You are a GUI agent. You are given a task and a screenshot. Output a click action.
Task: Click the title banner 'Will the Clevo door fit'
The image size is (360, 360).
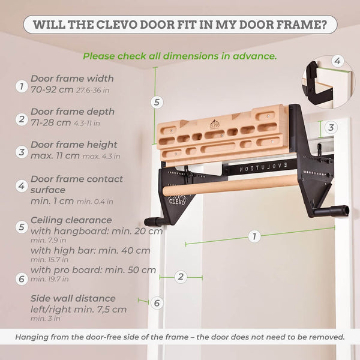click(x=180, y=25)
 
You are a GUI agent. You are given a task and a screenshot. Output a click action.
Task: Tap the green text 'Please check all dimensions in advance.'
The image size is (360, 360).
click(x=180, y=56)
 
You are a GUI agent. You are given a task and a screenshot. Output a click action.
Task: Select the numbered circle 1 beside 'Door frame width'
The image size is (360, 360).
click(x=22, y=86)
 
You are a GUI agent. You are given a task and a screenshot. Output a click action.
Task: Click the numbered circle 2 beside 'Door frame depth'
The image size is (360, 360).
click(x=22, y=119)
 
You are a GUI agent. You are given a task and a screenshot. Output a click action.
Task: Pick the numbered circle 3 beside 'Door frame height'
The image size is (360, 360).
click(x=22, y=152)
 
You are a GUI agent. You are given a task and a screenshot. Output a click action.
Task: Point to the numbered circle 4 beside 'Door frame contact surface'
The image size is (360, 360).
click(x=22, y=186)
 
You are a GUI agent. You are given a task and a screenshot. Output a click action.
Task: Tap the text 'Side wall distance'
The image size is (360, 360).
click(x=73, y=298)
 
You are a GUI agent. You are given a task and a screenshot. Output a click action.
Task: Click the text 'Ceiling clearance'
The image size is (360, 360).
click(x=71, y=220)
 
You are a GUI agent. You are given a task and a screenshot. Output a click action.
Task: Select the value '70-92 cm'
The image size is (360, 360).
click(x=52, y=89)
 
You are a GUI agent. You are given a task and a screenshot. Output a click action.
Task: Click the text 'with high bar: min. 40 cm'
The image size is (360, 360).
click(x=91, y=250)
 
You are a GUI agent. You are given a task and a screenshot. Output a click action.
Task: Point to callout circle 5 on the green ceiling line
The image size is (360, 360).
click(x=157, y=102)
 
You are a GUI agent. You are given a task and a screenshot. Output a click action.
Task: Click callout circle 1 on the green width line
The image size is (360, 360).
click(x=254, y=236)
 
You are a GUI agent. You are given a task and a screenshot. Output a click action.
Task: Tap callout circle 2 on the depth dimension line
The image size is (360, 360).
click(x=181, y=277)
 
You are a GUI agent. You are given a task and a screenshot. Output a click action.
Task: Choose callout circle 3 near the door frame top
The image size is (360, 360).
click(x=331, y=127)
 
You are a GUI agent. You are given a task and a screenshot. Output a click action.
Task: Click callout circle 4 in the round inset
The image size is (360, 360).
click(x=337, y=61)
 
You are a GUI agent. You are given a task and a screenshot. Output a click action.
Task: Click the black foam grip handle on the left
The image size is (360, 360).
click(x=154, y=221)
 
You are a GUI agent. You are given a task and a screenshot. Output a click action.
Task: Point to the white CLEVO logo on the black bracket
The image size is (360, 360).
click(x=177, y=202)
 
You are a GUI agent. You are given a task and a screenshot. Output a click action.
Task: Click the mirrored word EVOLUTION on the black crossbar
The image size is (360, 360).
click(x=263, y=167)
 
